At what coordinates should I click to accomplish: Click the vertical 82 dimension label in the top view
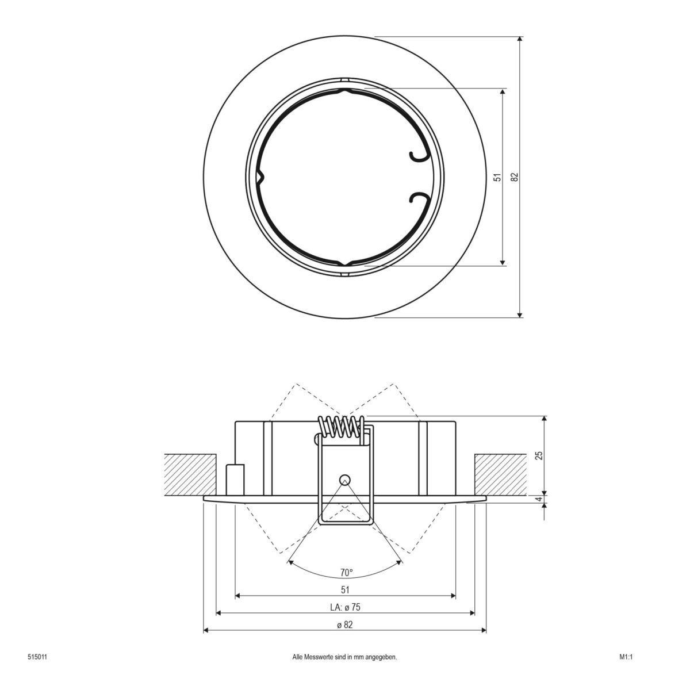pos(515,177)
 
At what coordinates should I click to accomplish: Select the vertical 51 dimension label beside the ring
pos(498,177)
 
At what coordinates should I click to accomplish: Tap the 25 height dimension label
pos(539,455)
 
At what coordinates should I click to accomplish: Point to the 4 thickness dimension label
pos(539,500)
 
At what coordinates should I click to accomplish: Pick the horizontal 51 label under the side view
pos(345,589)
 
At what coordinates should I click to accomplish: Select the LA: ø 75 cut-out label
pos(345,607)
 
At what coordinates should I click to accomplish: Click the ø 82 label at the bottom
pos(345,625)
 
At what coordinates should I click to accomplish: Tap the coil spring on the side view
pos(342,428)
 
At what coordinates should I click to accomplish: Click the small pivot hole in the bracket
pos(344,479)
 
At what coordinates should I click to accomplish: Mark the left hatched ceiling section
pos(190,474)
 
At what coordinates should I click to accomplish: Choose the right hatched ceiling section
pos(500,474)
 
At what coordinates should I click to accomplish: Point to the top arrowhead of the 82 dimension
pos(520,40)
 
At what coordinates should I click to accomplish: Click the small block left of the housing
pos(235,478)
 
